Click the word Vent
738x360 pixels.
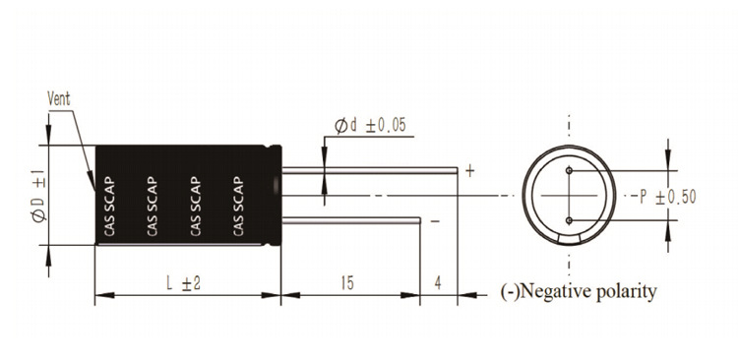click(59, 98)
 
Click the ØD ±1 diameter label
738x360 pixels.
click(39, 196)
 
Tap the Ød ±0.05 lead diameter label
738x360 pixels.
click(370, 125)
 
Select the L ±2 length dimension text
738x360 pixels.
click(184, 283)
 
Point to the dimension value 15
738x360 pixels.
click(347, 283)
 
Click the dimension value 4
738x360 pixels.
click(438, 283)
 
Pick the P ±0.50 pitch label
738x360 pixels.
click(667, 197)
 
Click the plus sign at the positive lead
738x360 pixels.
click(469, 171)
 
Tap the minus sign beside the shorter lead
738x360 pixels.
click(435, 220)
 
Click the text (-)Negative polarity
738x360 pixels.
click(578, 292)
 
